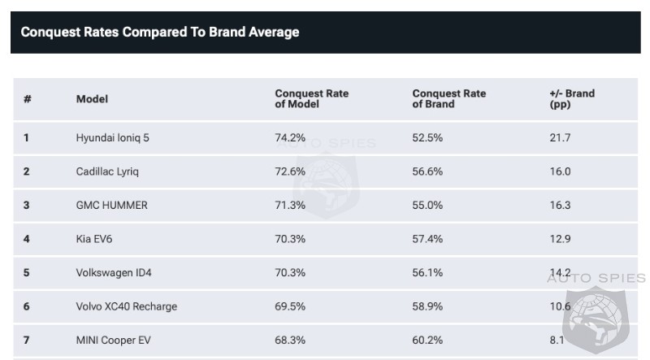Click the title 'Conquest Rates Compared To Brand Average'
click(159, 33)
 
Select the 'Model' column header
click(92, 99)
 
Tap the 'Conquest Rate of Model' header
click(311, 99)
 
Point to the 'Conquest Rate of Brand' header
click(448, 99)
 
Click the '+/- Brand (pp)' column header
click(572, 99)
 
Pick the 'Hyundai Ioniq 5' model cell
click(112, 138)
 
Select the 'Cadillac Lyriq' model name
click(106, 171)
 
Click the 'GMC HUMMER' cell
click(111, 206)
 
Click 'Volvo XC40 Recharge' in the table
click(126, 306)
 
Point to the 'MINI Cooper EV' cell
click(113, 340)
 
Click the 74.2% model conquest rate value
click(290, 138)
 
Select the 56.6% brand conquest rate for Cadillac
click(427, 171)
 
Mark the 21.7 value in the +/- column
click(560, 138)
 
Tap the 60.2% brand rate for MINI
click(427, 340)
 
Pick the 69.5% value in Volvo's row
click(290, 306)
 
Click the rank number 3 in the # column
click(27, 206)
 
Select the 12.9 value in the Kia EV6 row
click(560, 239)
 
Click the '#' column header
click(28, 99)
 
